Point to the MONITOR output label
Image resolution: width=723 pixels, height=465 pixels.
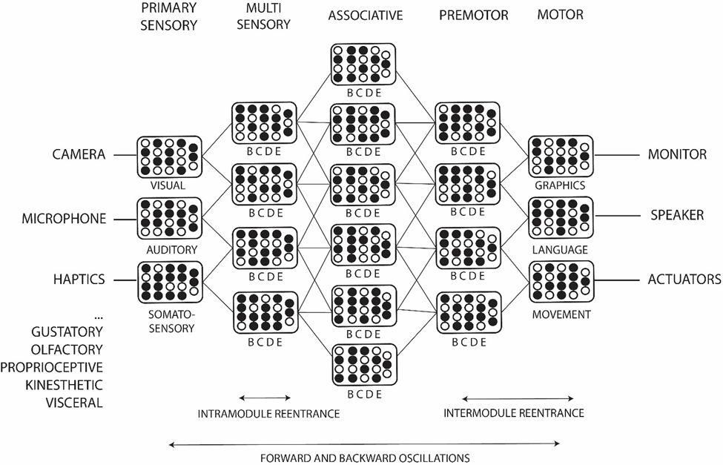[x=677, y=155]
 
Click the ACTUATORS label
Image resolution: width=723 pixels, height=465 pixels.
[x=684, y=280]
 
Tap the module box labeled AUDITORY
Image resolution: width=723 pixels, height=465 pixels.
[x=169, y=218]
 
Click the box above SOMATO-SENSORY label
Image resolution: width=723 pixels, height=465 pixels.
[x=169, y=281]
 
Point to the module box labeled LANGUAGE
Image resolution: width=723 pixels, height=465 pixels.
[x=561, y=217]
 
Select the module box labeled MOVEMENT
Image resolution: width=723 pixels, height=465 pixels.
[x=561, y=281]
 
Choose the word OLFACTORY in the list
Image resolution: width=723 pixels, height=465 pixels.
[x=67, y=349]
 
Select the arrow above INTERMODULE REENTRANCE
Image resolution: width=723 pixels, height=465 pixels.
[x=513, y=398]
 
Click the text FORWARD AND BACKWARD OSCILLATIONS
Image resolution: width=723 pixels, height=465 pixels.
[x=365, y=458]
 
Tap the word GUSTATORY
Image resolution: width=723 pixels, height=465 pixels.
[x=67, y=330]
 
